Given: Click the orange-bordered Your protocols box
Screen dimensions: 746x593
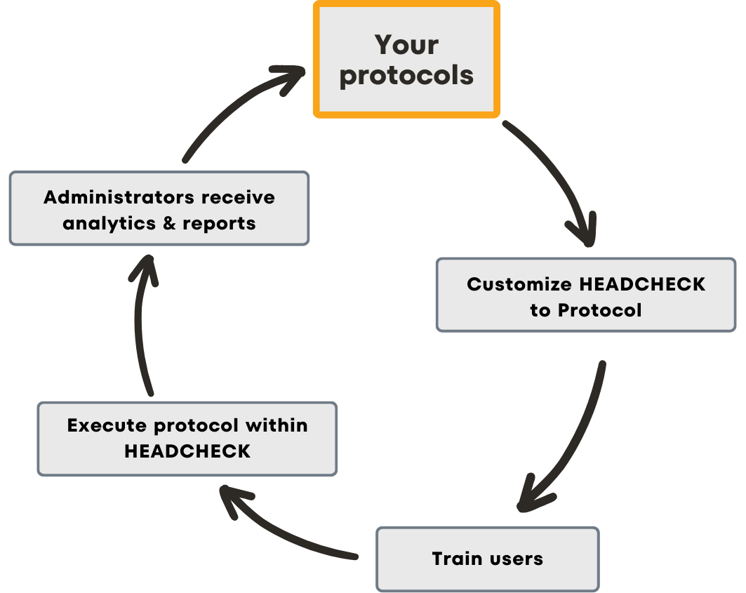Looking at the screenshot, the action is click(406, 59).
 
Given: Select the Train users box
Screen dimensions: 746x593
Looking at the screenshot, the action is click(488, 559).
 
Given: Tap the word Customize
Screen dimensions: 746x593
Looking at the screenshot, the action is click(519, 284).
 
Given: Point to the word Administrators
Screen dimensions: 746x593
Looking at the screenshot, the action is click(119, 197).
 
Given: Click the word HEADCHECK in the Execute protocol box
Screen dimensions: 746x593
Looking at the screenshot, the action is click(187, 451).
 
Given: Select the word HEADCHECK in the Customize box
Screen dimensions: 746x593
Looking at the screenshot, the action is click(642, 284).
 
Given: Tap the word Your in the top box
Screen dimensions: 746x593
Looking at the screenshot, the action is click(406, 45).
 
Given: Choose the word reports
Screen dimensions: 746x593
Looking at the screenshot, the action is click(220, 224).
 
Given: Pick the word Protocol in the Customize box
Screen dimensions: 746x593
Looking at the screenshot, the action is click(600, 310).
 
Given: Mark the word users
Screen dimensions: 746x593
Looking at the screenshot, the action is click(516, 559).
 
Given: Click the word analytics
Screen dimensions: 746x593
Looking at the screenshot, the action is click(109, 224).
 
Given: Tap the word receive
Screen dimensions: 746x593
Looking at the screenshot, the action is click(238, 197).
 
